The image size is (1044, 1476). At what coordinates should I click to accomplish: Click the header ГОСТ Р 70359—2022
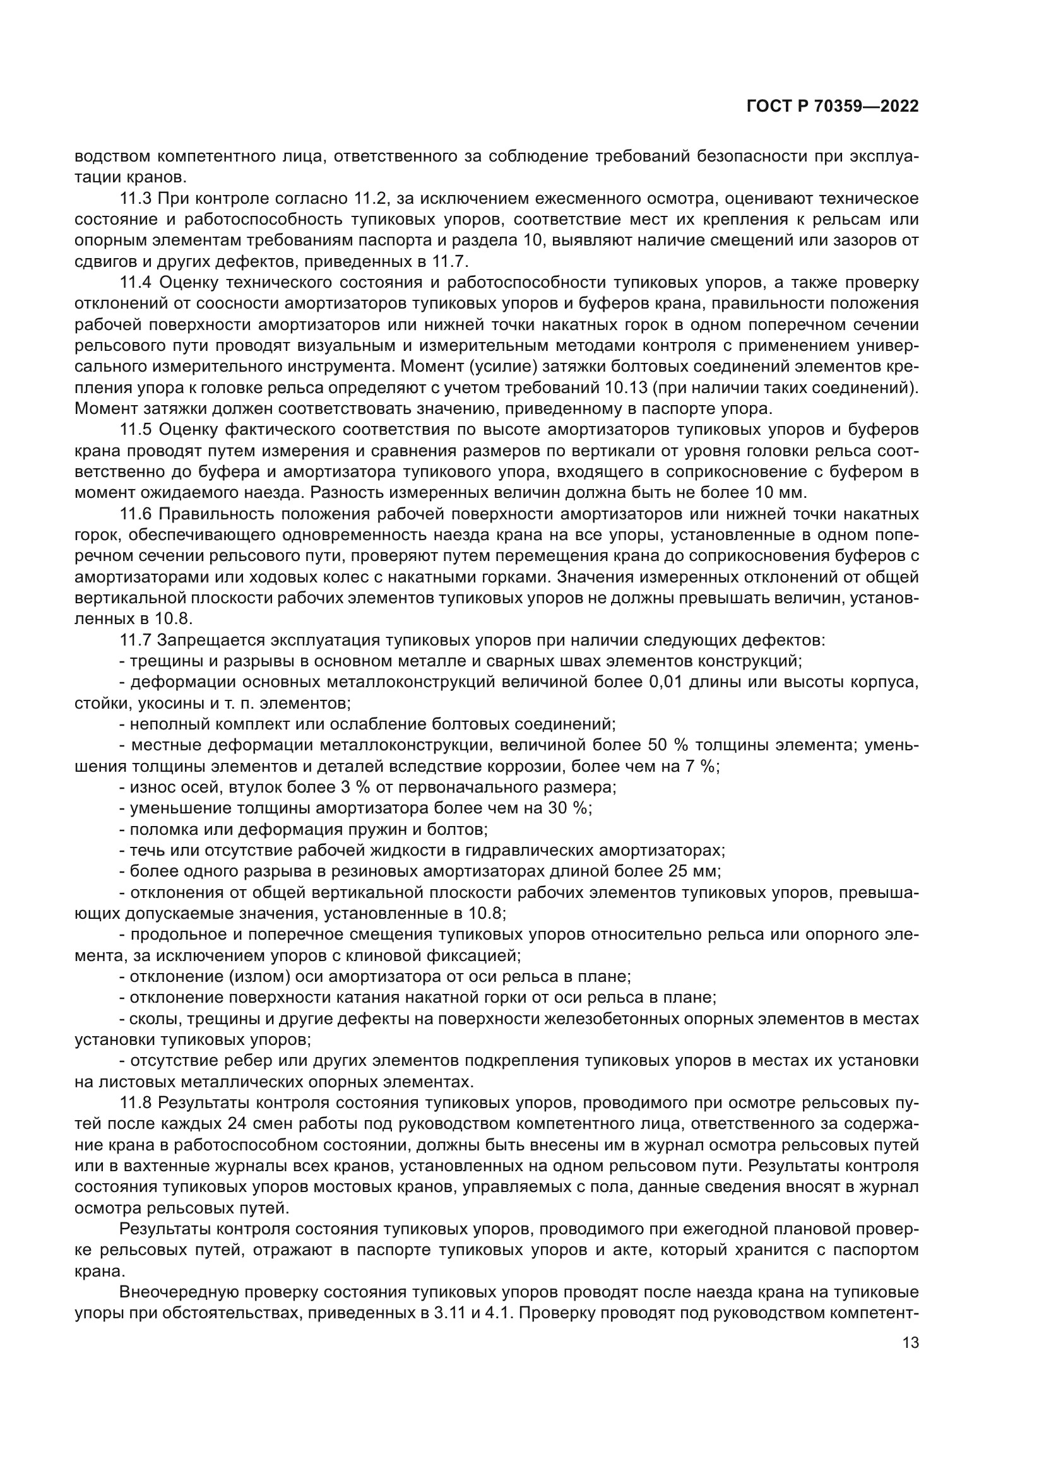tap(833, 107)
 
